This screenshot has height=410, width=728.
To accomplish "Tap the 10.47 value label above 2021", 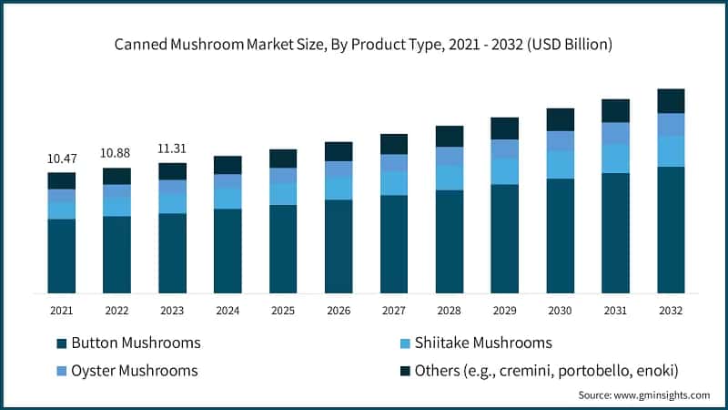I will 62,159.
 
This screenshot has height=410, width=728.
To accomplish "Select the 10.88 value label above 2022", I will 116,152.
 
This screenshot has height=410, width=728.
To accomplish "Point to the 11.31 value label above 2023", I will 172,149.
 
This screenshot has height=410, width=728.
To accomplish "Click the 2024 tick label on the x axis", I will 227,311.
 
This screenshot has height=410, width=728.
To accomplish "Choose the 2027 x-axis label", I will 393,311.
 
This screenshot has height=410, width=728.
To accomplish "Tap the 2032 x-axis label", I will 671,311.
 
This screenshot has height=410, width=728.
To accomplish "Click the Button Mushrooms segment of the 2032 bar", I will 671,230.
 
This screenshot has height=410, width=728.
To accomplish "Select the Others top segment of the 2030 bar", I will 560,119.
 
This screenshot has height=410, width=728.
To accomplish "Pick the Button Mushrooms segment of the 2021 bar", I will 62,256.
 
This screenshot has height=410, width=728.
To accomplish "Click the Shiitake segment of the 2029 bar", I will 504,171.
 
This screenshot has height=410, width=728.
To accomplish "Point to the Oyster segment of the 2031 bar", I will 615,133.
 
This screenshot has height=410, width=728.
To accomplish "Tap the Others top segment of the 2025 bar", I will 283,159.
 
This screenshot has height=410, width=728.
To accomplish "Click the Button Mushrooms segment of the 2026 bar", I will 339,246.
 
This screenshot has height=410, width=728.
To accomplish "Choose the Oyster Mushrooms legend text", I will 134,371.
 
